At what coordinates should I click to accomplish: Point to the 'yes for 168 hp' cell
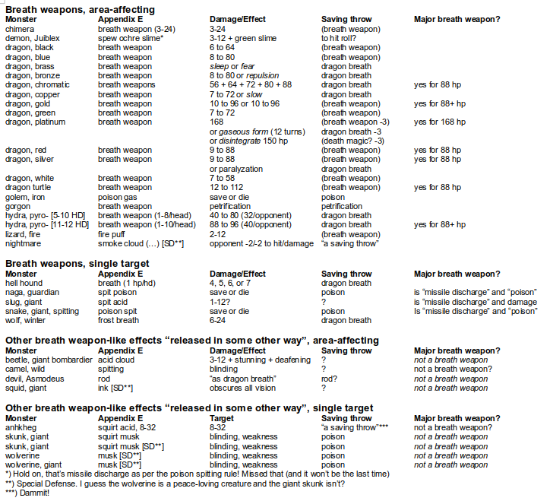[441, 122]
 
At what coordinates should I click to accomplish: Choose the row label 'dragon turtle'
[30, 187]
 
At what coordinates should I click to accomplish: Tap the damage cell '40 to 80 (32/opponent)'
[251, 214]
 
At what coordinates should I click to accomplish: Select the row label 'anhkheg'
[23, 428]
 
